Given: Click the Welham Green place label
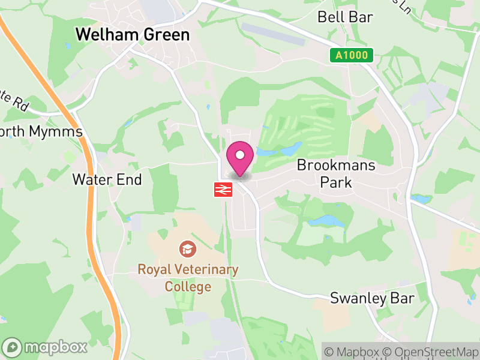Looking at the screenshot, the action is (132, 35).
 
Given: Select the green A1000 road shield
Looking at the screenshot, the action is (352, 56).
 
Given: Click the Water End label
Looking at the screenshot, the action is (107, 179).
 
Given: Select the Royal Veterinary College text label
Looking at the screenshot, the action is (188, 278).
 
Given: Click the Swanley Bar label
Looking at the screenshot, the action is (372, 299).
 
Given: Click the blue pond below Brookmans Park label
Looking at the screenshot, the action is (326, 221).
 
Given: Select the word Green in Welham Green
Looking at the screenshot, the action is (166, 35).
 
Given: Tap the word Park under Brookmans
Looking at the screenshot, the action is (336, 182).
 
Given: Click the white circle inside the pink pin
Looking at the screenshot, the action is (240, 155).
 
